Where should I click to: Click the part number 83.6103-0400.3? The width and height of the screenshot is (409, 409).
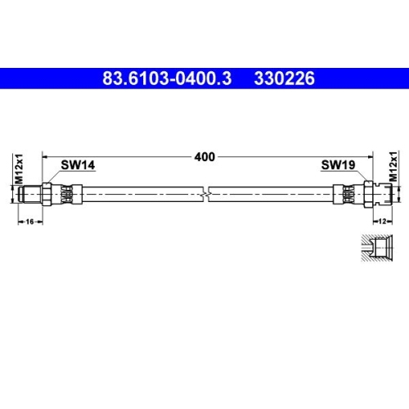click(x=167, y=79)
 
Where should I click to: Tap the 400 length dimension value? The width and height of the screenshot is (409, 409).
click(x=204, y=156)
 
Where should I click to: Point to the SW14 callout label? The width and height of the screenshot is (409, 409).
click(x=79, y=164)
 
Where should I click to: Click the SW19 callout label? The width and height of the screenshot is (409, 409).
click(x=337, y=164)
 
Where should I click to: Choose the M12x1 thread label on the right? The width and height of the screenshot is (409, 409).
click(x=393, y=167)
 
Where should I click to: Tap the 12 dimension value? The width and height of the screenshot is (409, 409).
click(x=383, y=222)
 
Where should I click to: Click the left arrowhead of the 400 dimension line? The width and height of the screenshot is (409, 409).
click(x=46, y=155)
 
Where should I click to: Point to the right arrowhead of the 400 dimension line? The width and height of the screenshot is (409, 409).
click(x=371, y=155)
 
